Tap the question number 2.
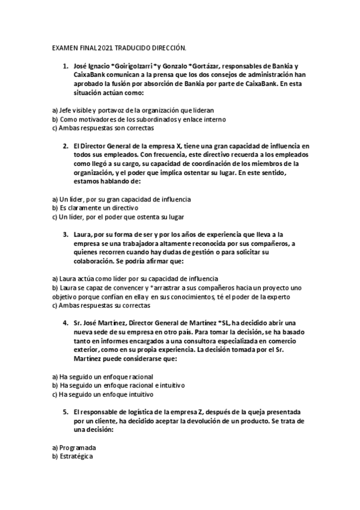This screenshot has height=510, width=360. pos(65,146)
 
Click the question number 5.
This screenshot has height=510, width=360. pos(65,413)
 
